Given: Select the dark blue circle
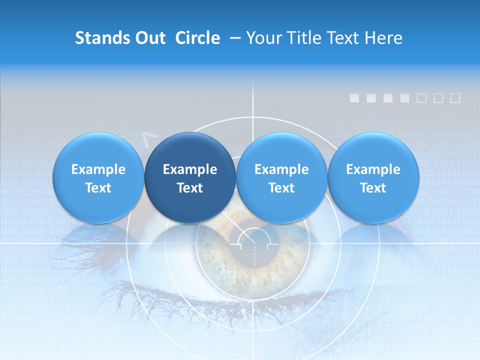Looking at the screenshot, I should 190,177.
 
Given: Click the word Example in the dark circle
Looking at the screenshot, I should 190,169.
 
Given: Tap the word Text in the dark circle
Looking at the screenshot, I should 190,188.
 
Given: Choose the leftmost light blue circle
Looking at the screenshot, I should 98,177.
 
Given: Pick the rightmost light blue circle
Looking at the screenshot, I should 373,177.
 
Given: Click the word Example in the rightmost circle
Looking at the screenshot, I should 373,169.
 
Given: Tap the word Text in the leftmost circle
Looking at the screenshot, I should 98,188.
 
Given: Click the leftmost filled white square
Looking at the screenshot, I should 354,98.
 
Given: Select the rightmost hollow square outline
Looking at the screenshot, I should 455,98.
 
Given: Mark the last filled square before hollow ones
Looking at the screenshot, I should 405,98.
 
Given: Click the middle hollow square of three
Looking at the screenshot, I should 438,98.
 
